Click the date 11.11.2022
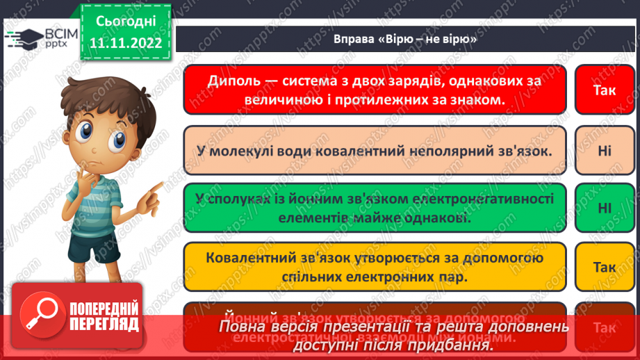(x=126, y=42)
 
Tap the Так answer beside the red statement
(x=604, y=90)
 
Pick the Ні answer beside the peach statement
(x=604, y=149)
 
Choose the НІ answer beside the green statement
(x=604, y=208)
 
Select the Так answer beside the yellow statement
(x=604, y=267)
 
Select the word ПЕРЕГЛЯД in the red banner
(x=104, y=324)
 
